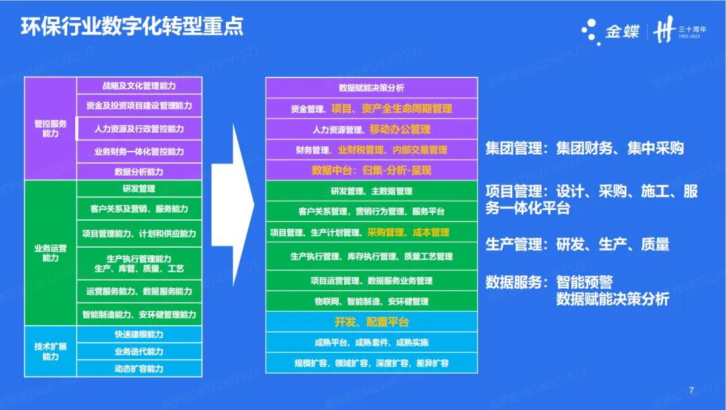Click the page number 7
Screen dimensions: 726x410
(692, 388)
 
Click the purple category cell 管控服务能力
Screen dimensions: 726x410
(50, 129)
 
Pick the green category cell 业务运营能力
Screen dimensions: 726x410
(50, 252)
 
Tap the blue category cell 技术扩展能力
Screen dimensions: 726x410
(50, 351)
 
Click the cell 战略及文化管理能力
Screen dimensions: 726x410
(139, 86)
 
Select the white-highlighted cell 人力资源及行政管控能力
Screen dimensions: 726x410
(139, 129)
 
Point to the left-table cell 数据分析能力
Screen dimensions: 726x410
(139, 172)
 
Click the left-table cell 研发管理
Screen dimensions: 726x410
(139, 189)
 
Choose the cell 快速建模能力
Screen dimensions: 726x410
(139, 335)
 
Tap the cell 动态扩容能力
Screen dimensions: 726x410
(139, 368)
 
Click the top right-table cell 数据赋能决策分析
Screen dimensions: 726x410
(372, 88)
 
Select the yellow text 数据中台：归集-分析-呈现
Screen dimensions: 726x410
(372, 170)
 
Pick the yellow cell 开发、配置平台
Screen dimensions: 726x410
(372, 322)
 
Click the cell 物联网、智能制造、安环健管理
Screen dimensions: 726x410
(372, 301)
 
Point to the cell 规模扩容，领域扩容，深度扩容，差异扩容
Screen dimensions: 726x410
(372, 363)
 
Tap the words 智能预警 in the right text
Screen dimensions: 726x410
(584, 283)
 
